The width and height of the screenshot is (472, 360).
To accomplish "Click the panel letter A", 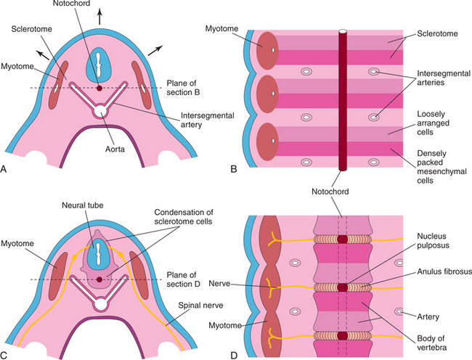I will [x=5, y=171].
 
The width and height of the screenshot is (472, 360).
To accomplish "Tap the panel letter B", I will [x=233, y=171].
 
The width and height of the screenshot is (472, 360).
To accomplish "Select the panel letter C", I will [x=5, y=354].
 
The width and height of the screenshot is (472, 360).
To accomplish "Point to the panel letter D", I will [x=234, y=354].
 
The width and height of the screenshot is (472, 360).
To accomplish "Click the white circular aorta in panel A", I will [x=99, y=111].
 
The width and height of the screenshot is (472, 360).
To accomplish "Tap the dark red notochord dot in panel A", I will [x=99, y=89].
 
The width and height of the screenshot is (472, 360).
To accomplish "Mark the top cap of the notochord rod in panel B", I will [x=343, y=33].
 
